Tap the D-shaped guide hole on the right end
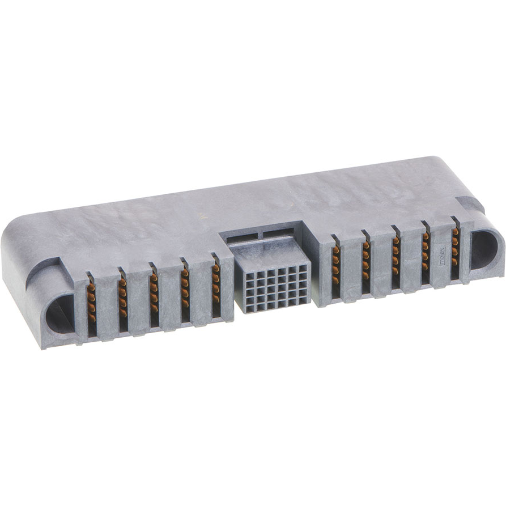[483, 250]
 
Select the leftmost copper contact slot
[91, 306]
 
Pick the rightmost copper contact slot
[454, 254]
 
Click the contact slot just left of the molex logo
[425, 258]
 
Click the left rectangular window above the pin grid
[243, 239]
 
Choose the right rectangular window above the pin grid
[278, 233]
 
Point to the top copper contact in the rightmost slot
[454, 232]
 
